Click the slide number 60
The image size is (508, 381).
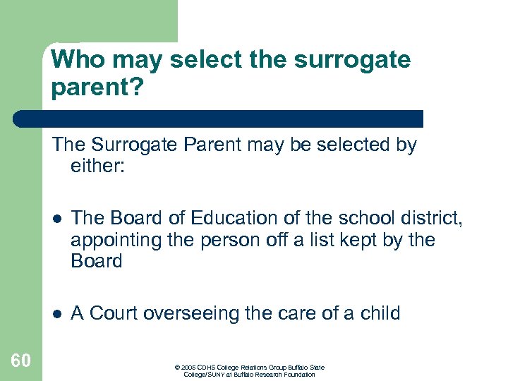(21, 361)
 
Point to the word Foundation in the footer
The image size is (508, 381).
(300, 375)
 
